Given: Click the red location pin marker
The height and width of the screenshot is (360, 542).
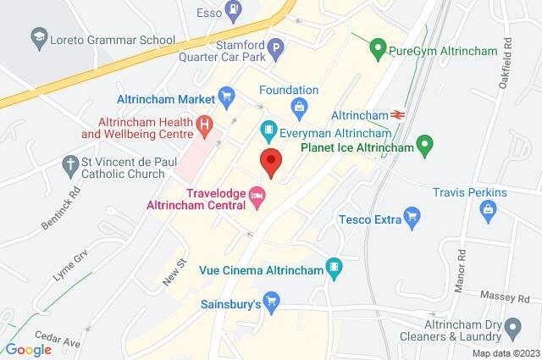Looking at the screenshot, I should tap(270, 161).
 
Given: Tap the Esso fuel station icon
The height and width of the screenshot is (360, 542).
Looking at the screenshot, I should tap(231, 12).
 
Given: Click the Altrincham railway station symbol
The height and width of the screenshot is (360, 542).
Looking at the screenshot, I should tap(397, 113).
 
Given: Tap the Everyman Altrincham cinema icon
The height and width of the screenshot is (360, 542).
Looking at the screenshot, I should tap(268, 130).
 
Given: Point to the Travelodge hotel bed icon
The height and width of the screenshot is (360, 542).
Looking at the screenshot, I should tap(257, 197).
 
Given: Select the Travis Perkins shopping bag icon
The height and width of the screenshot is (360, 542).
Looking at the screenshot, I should tap(487, 212).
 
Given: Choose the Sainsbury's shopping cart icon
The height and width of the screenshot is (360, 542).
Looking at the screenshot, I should tap(272, 302).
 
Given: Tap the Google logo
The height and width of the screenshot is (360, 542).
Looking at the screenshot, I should tap(28, 350).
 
